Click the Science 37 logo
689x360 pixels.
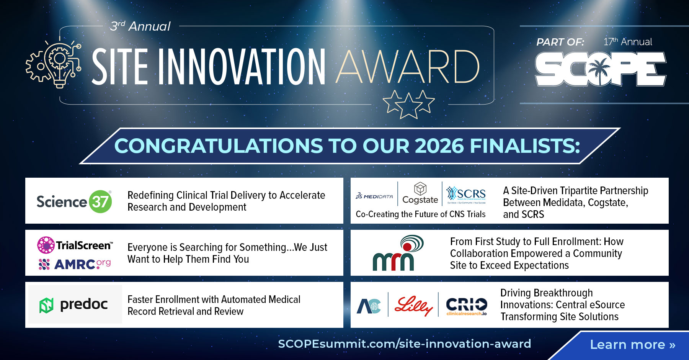pyautogui.click(x=74, y=201)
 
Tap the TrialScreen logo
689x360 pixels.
pyautogui.click(x=75, y=245)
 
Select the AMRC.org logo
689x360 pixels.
pyautogui.click(x=75, y=264)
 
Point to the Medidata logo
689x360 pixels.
pyautogui.click(x=374, y=196)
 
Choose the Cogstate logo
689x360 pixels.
pyautogui.click(x=420, y=193)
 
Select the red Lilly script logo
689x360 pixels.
pyautogui.click(x=413, y=306)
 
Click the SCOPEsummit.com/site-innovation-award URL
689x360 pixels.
pyautogui.click(x=404, y=344)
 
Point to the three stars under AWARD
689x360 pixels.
pyautogui.click(x=408, y=103)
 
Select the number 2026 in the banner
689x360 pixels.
pyautogui.click(x=440, y=146)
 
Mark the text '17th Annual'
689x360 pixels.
pyautogui.click(x=628, y=42)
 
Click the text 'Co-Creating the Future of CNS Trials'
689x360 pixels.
pyautogui.click(x=420, y=214)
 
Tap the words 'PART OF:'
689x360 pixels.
pyautogui.click(x=560, y=42)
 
